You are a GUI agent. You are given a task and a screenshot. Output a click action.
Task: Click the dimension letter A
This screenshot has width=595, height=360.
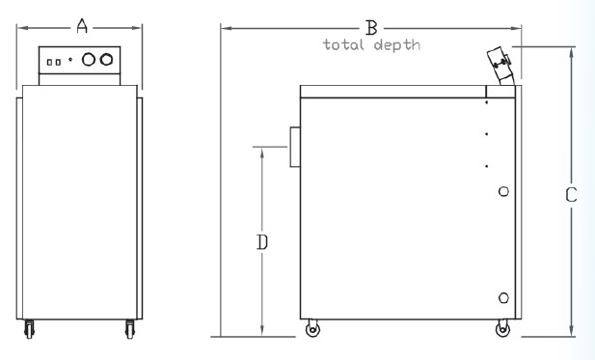(x=82, y=26)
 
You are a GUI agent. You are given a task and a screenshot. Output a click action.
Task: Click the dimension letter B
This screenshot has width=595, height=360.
(x=371, y=28)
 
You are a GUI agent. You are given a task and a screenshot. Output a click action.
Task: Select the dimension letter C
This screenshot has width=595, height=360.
(x=571, y=195)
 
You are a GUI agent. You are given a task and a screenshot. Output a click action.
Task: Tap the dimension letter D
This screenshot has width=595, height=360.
(x=262, y=242)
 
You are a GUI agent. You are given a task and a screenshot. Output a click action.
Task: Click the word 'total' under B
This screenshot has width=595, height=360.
(x=343, y=44)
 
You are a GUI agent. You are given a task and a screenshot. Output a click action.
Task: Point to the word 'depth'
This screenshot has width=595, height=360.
(x=397, y=45)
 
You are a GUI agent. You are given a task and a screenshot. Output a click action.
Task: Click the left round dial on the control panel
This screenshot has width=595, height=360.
(x=89, y=59)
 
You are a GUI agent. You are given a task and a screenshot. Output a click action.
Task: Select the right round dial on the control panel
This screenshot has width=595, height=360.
(x=106, y=59)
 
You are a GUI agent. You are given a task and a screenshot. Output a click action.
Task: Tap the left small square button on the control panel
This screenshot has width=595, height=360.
(x=49, y=62)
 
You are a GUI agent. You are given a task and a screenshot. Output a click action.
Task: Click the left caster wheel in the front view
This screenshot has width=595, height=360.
(x=29, y=329)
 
